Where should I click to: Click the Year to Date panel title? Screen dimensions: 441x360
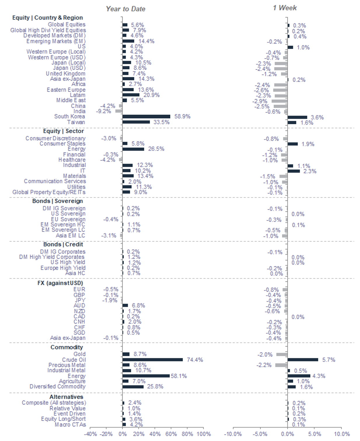click(x=125, y=9)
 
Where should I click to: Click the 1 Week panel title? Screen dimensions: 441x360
click(x=285, y=8)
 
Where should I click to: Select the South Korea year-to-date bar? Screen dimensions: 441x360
click(x=146, y=116)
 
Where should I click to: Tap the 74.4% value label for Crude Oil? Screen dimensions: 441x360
click(x=195, y=360)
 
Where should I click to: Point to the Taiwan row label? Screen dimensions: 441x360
click(x=76, y=122)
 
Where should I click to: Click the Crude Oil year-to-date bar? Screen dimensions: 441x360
click(x=153, y=360)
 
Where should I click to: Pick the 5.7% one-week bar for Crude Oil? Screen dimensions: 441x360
click(x=303, y=360)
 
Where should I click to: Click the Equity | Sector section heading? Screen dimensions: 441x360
click(x=63, y=131)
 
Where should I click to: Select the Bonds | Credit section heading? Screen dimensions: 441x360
click(x=63, y=244)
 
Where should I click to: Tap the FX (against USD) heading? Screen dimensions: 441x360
click(x=60, y=283)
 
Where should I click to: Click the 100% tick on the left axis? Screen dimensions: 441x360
click(x=204, y=434)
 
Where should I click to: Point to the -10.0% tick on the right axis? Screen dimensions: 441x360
click(x=233, y=434)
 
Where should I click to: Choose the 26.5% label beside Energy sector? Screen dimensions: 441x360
click(x=156, y=149)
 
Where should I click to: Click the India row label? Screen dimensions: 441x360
click(x=79, y=111)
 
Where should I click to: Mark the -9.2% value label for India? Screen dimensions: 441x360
click(x=104, y=111)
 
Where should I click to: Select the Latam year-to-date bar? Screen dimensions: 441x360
click(x=131, y=95)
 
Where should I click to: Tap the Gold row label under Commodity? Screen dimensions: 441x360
click(x=79, y=354)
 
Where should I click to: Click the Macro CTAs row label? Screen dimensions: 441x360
click(x=70, y=424)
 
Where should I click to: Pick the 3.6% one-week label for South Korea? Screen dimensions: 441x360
click(x=317, y=117)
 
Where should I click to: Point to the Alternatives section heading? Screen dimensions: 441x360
click(x=66, y=397)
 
